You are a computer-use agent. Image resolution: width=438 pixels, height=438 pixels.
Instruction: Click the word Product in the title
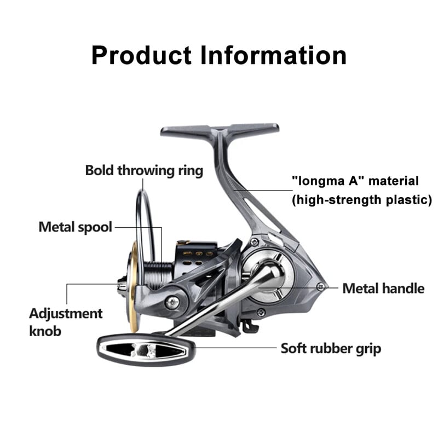coord(141,55)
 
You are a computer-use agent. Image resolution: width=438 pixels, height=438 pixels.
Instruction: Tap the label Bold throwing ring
coord(144,170)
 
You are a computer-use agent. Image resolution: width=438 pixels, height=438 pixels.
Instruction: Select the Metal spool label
coord(75,227)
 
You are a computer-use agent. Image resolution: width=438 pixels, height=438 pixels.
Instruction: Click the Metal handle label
coord(383,288)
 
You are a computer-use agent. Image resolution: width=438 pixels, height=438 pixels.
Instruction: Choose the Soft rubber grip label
coord(331,348)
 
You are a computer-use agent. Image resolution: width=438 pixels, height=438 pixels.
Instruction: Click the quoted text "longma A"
coord(328,181)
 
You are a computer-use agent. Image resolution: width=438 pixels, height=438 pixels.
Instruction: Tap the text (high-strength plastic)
coord(362,199)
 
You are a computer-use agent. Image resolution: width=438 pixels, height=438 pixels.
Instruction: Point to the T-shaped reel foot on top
coord(219,131)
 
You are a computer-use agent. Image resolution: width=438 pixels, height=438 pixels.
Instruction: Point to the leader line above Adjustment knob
coord(67,293)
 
